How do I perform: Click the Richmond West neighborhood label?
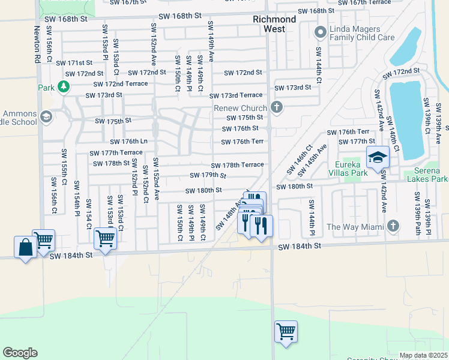(x=274, y=24)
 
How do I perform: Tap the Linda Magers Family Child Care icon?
(x=320, y=32)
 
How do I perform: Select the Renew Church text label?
(x=240, y=108)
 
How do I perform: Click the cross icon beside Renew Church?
(x=276, y=108)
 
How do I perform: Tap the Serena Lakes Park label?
(x=426, y=174)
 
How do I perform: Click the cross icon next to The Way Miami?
(x=393, y=226)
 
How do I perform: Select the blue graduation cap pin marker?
(x=378, y=158)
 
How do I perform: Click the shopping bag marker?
(x=25, y=247)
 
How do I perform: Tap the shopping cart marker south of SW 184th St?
(x=286, y=331)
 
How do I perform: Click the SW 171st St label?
(x=74, y=62)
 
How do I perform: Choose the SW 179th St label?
(x=208, y=175)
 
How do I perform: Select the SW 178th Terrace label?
(x=237, y=165)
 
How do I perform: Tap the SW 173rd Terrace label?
(x=236, y=95)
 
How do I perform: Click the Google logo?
(x=20, y=352)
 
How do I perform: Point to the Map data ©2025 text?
(x=423, y=355)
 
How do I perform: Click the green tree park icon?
(x=64, y=88)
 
